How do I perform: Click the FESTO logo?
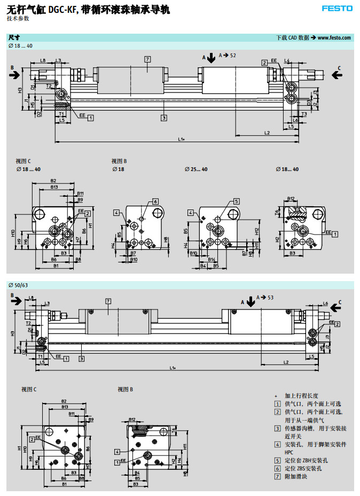337,9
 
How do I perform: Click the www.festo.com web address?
334,37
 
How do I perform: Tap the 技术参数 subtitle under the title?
18,18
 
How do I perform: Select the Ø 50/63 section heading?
18,284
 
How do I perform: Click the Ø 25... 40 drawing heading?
196,169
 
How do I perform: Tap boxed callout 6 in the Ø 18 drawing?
155,201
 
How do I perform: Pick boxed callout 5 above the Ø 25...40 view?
236,201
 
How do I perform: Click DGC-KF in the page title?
63,9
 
